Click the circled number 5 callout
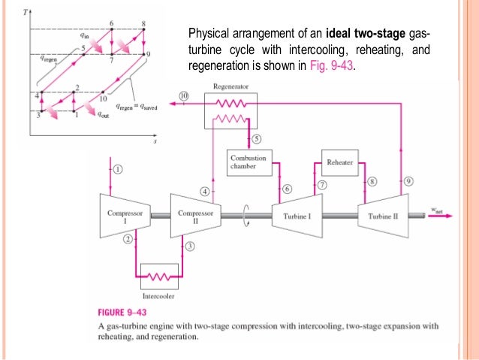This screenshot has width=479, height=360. tap(257, 139)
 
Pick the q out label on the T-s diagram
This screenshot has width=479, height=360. tap(102, 116)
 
